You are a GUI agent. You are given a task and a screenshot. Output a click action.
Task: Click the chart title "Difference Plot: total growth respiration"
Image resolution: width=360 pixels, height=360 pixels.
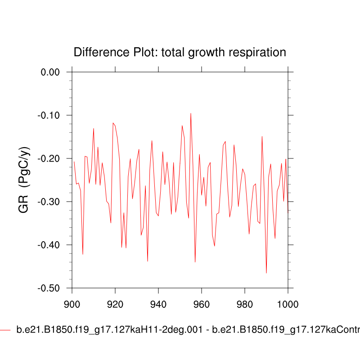pyautogui.click(x=180, y=52)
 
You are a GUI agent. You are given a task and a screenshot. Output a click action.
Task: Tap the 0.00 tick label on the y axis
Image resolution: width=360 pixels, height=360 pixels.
pyautogui.click(x=50, y=72)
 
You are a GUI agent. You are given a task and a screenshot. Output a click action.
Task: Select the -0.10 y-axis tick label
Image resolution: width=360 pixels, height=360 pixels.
pyautogui.click(x=49, y=115)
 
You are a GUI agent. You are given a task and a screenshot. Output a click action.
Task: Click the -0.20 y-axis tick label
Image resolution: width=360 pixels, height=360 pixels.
pyautogui.click(x=49, y=158)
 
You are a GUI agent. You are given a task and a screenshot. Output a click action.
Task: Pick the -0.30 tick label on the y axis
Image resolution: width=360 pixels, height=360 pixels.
pyautogui.click(x=49, y=202)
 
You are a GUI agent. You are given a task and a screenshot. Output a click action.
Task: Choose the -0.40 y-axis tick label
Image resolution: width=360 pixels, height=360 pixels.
pyautogui.click(x=49, y=245)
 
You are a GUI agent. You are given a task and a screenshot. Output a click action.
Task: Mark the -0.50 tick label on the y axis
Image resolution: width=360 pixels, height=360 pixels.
pyautogui.click(x=49, y=288)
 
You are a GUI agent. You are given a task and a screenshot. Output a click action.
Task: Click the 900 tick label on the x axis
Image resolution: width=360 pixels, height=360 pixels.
pyautogui.click(x=72, y=304)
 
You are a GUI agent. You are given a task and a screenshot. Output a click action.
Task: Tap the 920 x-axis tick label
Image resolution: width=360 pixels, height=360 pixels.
pyautogui.click(x=115, y=304)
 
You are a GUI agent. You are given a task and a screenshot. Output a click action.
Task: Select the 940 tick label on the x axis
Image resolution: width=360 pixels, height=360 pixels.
pyautogui.click(x=158, y=304)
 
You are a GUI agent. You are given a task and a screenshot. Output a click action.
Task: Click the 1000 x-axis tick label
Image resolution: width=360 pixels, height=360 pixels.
pyautogui.click(x=287, y=304)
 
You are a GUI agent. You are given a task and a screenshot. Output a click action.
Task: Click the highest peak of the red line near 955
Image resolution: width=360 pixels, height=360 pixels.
pyautogui.click(x=191, y=113)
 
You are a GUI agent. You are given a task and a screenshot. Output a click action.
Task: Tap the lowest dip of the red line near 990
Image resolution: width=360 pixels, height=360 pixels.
pyautogui.click(x=266, y=273)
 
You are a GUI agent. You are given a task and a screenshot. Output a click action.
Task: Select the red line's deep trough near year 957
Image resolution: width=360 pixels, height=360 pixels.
pyautogui.click(x=195, y=262)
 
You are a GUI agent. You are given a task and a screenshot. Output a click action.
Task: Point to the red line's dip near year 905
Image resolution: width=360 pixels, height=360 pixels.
pyautogui.click(x=83, y=254)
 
